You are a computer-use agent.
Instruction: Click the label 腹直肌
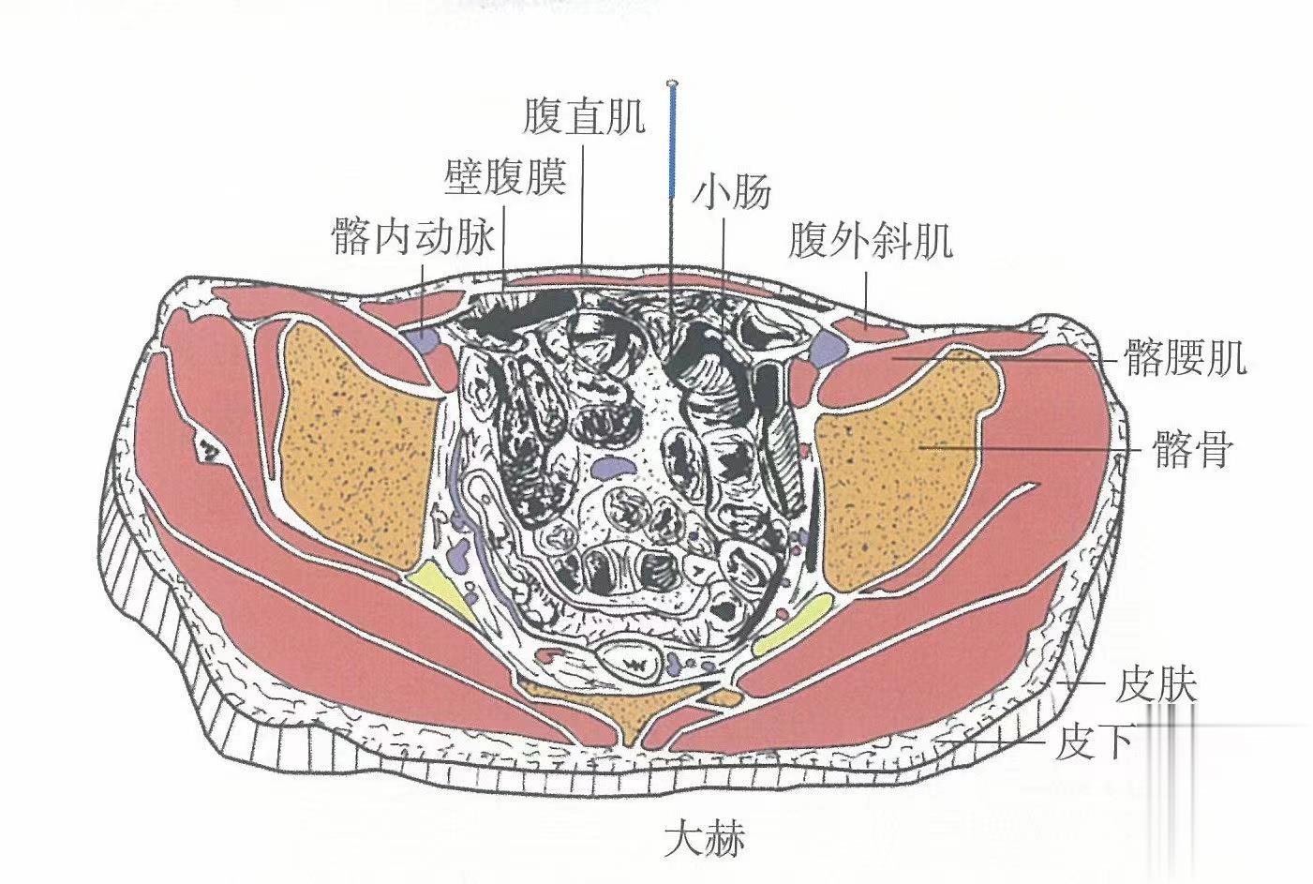click(584, 119)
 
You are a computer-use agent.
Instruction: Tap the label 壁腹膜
click(505, 176)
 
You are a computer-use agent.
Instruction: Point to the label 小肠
click(732, 192)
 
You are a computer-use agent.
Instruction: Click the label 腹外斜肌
click(871, 240)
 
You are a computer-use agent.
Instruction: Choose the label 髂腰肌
click(1185, 358)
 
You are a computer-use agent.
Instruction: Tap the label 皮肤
click(1156, 686)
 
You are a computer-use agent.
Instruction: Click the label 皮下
click(1093, 743)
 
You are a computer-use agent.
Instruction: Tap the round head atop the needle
click(671, 85)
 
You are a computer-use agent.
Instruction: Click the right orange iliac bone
click(900, 469)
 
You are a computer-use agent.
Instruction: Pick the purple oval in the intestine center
click(611, 464)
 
